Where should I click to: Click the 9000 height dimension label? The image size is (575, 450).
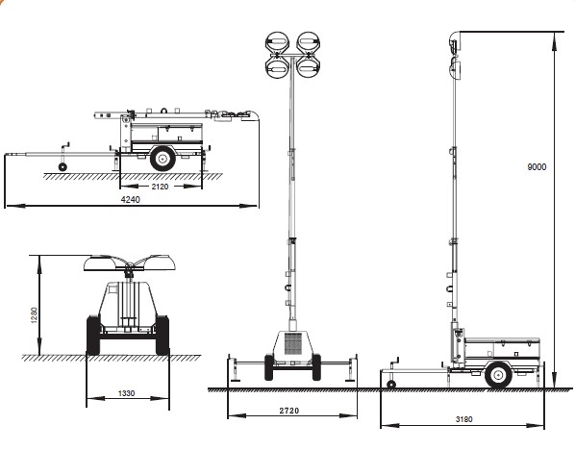click(x=537, y=167)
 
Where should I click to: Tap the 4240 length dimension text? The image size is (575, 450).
click(x=131, y=199)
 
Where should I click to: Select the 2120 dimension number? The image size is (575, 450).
click(x=160, y=187)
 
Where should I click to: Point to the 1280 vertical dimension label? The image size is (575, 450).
click(x=34, y=315)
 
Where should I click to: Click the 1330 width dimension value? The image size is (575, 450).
click(x=127, y=393)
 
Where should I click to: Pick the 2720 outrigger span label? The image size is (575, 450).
click(x=289, y=411)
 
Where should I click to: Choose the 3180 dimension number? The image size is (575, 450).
click(x=463, y=419)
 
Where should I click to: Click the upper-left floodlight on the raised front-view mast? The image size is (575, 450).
click(x=277, y=42)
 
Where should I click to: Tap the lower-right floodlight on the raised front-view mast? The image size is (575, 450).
click(x=309, y=68)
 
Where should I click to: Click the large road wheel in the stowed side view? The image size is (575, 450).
click(x=162, y=159)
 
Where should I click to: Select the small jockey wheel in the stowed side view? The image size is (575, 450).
click(x=62, y=167)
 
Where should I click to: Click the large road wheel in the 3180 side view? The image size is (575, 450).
click(x=498, y=375)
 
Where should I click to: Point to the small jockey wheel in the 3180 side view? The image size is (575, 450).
click(x=391, y=385)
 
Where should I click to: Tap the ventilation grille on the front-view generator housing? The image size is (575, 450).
click(x=292, y=343)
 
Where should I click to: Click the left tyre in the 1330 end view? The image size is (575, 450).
click(x=93, y=336)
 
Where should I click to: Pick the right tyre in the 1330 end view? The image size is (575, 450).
click(x=162, y=336)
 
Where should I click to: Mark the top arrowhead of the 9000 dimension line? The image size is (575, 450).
click(x=555, y=41)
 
